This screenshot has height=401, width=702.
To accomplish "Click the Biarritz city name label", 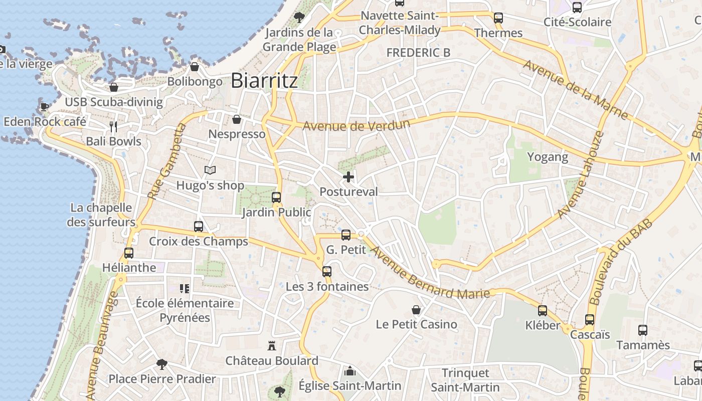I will point(264,81).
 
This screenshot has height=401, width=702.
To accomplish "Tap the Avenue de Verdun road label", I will point(357,125).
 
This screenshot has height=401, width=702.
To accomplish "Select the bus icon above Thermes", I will point(498,18).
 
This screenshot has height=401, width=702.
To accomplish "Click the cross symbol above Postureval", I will point(348,177).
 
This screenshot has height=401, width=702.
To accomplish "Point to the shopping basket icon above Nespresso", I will point(237,119).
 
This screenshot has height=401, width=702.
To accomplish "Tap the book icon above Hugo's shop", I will point(210,170).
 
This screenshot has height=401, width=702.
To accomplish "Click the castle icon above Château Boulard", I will point(272,345).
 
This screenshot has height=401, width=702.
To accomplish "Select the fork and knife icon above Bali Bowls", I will point(114,127).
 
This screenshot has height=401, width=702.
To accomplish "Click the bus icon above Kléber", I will point(543,311).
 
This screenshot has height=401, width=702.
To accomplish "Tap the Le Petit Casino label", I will point(416,324).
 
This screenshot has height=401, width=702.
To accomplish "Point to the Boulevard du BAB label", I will point(621,262).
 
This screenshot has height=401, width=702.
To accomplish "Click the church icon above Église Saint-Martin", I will point(350,371).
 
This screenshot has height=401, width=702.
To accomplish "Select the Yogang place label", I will point(548,157).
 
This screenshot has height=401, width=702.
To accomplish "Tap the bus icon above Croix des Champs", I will point(199,227).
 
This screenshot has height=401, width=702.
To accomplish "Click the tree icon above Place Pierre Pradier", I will point(161,364).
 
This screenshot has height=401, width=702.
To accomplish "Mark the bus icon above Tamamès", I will point(643,330).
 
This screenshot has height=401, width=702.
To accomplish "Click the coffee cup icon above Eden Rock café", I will point(44,106).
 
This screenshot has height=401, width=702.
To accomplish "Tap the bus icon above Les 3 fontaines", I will point(327,272).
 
